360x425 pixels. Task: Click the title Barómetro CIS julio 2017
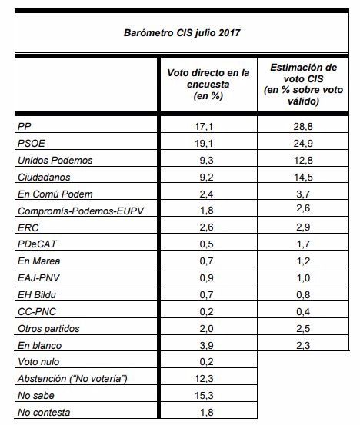click(x=182, y=33)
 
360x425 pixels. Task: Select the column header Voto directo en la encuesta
click(x=208, y=85)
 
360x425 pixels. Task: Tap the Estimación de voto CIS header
click(x=303, y=84)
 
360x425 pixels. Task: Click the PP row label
click(x=25, y=127)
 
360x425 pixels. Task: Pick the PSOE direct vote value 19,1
click(x=204, y=144)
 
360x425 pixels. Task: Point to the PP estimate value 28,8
click(x=303, y=127)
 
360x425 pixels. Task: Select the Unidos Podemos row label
click(x=55, y=161)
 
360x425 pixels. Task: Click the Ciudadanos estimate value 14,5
click(x=303, y=178)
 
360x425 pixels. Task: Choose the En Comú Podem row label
click(x=55, y=194)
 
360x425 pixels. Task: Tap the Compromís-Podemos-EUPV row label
click(x=81, y=211)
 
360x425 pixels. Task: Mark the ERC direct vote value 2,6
click(x=206, y=227)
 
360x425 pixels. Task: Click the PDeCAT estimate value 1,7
click(x=303, y=244)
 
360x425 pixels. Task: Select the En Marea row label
click(x=38, y=261)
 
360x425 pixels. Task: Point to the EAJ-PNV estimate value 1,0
click(x=303, y=277)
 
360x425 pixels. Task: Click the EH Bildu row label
click(x=37, y=295)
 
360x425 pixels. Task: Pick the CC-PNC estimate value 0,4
click(x=303, y=312)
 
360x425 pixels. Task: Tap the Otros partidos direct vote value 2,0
click(x=206, y=328)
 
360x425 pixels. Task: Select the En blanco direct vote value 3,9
click(x=206, y=346)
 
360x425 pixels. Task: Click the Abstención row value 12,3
click(x=204, y=378)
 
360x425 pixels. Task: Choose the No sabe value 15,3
click(x=204, y=396)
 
